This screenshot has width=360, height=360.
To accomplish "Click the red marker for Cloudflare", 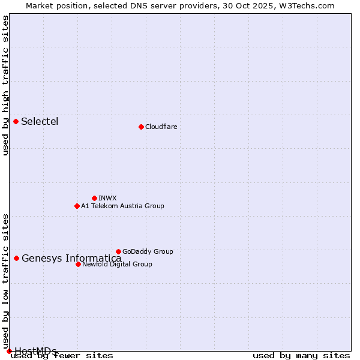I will [141, 127].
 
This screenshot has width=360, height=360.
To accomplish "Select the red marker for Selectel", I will [16, 121].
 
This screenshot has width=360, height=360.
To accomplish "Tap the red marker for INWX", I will [94, 198].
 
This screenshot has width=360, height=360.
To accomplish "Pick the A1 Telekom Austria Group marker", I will [77, 206].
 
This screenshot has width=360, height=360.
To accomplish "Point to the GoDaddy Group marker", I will [118, 251].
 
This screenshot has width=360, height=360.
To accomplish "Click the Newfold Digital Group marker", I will [78, 264].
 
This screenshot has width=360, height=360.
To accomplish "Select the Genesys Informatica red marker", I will [17, 258].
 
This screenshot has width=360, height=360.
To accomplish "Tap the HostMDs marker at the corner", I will [9, 351].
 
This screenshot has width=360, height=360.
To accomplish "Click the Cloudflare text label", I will [161, 127].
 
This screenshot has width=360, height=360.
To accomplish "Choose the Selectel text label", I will [40, 121].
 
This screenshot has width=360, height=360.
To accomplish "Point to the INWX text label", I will [107, 198].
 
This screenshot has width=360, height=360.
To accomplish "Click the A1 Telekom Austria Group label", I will [122, 206].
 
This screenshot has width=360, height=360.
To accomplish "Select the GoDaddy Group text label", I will [148, 251].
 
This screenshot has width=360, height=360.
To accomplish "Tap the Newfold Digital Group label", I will [117, 264].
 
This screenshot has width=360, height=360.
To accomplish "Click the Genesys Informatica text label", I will [71, 259].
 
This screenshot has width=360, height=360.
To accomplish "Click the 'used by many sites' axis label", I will [301, 356].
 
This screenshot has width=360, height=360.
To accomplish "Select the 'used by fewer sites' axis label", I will [62, 356].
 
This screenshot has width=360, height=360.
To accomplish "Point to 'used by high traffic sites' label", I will [5, 85].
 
